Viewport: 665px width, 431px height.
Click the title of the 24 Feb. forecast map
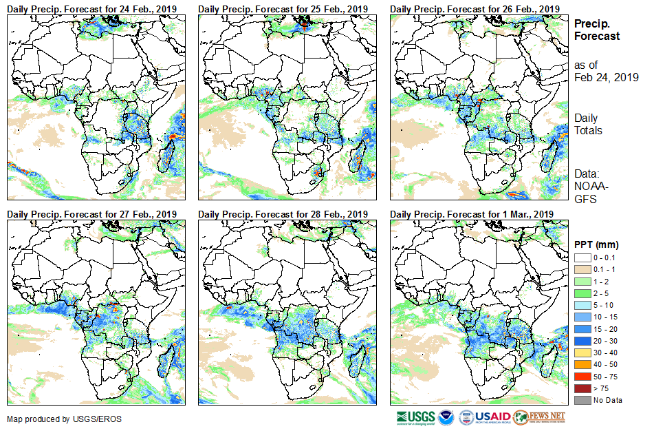point(91,8)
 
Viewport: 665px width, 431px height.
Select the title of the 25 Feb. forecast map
point(283,8)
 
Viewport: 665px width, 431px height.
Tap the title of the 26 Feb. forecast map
point(475,8)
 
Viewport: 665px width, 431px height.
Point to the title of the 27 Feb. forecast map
point(91,214)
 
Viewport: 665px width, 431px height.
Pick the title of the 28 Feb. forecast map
point(283,214)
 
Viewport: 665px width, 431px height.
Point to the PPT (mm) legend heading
point(596,244)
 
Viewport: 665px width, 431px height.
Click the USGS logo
point(415,417)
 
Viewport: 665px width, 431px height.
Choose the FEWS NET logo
point(539,417)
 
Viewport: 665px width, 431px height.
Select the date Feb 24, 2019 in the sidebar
point(607,78)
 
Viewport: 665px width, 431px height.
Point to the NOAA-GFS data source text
point(589,193)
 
